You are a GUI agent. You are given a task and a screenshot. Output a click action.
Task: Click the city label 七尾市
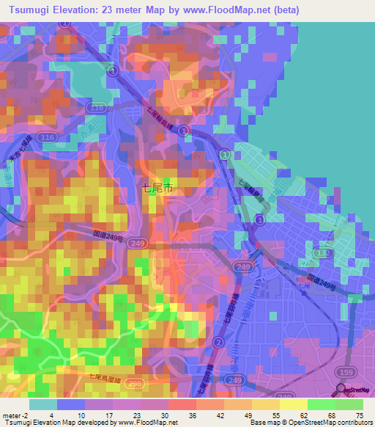[157, 188]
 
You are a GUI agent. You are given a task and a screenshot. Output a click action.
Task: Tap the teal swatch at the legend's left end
[43, 404]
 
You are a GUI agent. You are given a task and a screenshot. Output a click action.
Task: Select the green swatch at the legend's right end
[349, 404]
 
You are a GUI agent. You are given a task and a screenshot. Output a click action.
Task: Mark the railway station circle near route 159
[341, 390]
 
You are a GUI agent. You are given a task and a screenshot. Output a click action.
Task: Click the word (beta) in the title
[284, 10]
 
